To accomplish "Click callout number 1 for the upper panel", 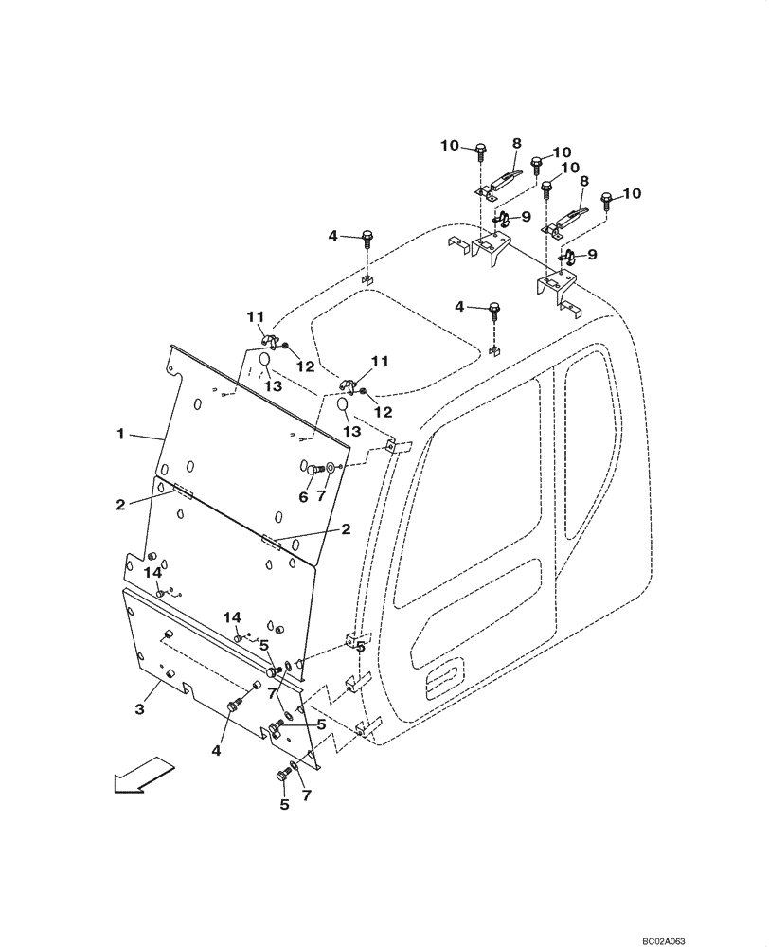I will coord(121,434).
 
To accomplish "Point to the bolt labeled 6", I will coord(309,467).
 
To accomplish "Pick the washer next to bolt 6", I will coord(330,467).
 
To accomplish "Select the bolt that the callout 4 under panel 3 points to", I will coord(237,706).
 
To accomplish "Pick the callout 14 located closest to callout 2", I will coord(152,573).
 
